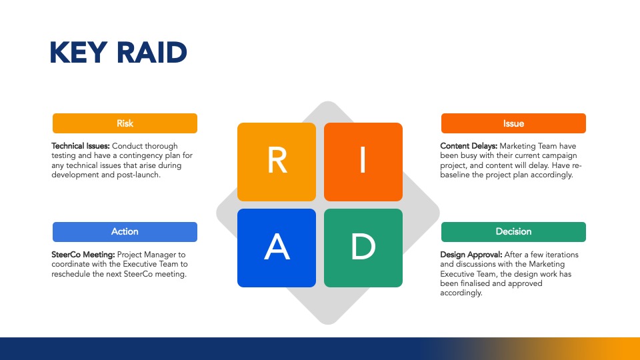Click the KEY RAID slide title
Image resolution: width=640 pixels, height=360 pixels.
point(119,52)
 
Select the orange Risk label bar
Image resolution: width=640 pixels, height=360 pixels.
point(125,123)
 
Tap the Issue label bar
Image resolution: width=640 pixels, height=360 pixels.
point(513,123)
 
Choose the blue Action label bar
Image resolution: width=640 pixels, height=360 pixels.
point(125,232)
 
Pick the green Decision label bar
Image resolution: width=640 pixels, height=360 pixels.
point(513,232)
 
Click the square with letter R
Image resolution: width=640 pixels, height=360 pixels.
point(277,161)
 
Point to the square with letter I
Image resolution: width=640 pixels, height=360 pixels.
point(363,161)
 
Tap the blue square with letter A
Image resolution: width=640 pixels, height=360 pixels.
point(277,248)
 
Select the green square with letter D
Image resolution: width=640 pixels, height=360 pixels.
point(363,248)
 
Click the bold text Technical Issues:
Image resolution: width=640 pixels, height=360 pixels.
point(81,146)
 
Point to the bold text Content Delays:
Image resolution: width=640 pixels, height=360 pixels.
point(469,146)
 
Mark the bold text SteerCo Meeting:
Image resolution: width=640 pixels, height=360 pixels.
point(83,254)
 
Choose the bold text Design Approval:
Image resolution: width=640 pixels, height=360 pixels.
point(471,254)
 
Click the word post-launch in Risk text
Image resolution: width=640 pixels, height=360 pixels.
point(139,175)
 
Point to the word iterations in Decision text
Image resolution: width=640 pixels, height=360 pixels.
point(561,254)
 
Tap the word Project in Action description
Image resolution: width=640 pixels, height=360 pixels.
point(129,254)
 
